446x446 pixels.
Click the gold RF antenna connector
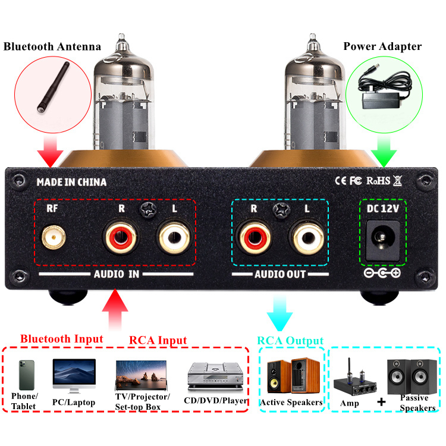(54, 237)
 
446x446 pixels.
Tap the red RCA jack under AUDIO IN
(121, 237)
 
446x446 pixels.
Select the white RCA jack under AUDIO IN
(174, 237)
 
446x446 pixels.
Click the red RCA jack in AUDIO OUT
(254, 237)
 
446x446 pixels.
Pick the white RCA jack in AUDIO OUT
(307, 237)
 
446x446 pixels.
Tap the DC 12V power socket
(383, 240)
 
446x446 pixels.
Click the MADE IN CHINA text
(71, 182)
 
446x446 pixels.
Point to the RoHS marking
(378, 181)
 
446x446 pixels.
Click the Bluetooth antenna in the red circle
(53, 87)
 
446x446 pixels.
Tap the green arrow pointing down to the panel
(384, 152)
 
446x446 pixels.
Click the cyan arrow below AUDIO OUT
(279, 313)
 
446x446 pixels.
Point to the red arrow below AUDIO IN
(115, 309)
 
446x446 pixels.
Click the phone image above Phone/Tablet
(27, 375)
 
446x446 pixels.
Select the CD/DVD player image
(216, 376)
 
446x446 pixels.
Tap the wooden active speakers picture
(293, 376)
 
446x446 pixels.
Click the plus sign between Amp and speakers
(381, 401)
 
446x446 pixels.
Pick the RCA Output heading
(290, 341)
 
